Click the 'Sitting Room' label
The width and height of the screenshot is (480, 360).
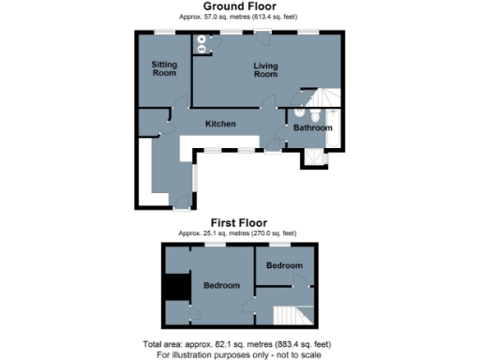coord(165,68)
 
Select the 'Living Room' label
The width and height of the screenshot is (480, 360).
coord(266,69)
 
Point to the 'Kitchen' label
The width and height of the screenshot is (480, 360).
coord(221,124)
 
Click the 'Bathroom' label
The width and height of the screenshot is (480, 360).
coord(312,127)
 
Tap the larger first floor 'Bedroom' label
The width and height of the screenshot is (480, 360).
coord(221,285)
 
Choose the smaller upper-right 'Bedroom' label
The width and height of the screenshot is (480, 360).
coord(284,265)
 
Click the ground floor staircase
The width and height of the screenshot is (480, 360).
coord(324,99)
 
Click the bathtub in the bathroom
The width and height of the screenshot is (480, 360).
coord(333,131)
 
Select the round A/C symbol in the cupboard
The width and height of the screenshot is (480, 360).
coord(201,49)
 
